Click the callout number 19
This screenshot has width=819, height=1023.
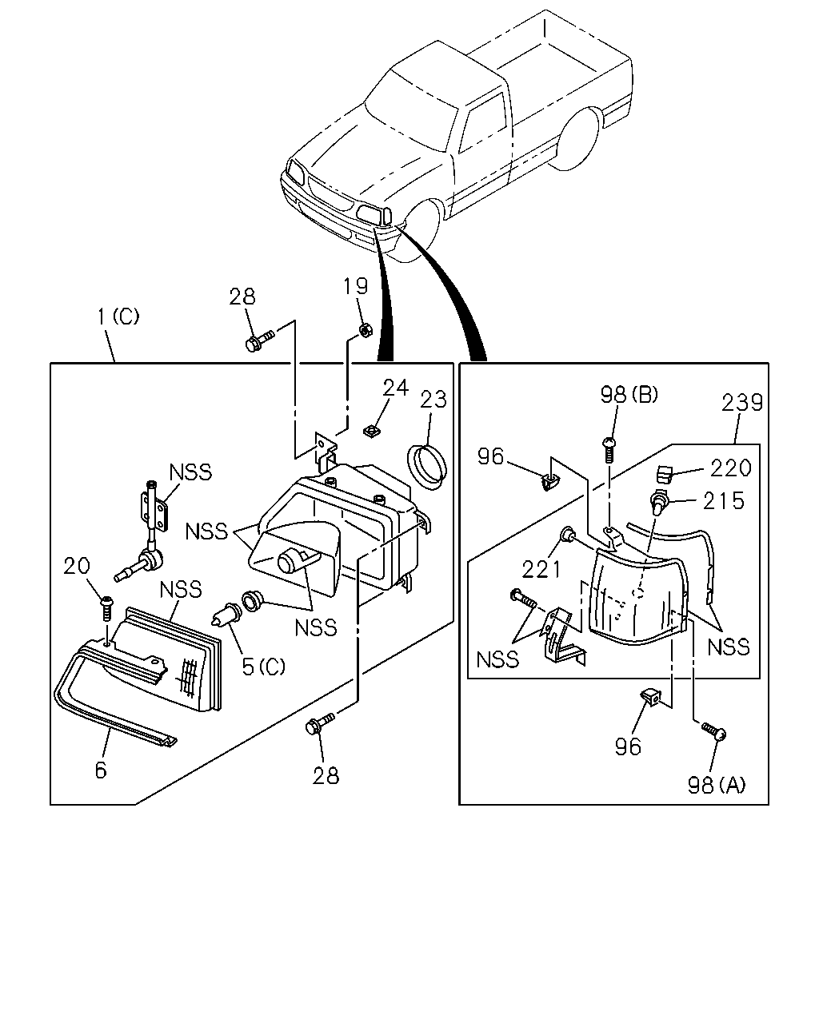coord(355,286)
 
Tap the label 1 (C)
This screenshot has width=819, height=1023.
coord(118,316)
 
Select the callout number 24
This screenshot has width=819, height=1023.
coord(395,388)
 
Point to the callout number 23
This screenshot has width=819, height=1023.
coord(433,400)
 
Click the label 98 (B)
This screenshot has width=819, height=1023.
coord(629,395)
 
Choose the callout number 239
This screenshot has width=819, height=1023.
coord(742,403)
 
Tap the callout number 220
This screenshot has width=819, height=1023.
coord(730,468)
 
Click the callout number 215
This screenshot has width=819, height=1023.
coord(723,500)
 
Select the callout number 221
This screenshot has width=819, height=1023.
coord(541,569)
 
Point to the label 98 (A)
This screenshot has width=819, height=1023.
coord(716,786)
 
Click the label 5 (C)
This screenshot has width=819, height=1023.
coord(263,667)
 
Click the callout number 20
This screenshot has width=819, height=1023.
coord(77,566)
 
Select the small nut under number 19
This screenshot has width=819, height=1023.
coord(365,329)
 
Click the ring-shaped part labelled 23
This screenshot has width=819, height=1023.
coord(427,467)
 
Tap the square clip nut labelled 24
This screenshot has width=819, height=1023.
coord(370,431)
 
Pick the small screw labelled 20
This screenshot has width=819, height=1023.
coord(108,608)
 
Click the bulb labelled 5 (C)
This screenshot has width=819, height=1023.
coord(226,614)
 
